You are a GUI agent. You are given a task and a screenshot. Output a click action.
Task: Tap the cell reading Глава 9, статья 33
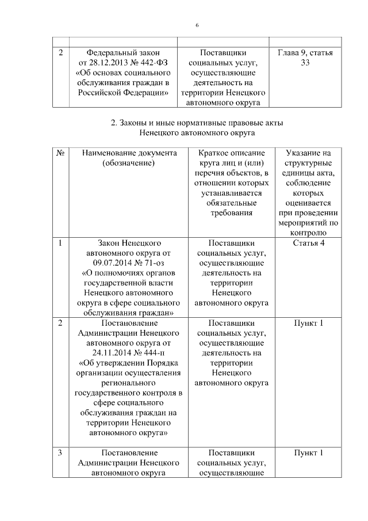305,58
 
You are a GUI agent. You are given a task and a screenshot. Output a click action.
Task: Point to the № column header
60,154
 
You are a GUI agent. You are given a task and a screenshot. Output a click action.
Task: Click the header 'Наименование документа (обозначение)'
129,159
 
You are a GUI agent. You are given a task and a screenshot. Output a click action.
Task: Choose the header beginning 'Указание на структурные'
305,154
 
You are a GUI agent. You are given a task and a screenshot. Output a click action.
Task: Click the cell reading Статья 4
305,243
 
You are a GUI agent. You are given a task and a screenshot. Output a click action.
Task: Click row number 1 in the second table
60,243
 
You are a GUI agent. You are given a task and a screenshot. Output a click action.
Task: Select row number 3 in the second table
60,453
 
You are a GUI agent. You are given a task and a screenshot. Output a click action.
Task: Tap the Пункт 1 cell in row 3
305,453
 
